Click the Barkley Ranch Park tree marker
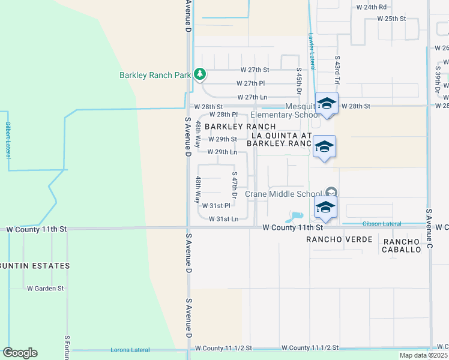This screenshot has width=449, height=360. pyautogui.click(x=200, y=75)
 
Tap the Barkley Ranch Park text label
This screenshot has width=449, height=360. pyautogui.click(x=155, y=75)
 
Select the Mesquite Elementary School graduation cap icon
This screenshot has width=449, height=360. pyautogui.click(x=327, y=104)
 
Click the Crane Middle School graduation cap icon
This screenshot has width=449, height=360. pyautogui.click(x=325, y=207)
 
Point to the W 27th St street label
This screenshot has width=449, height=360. pyautogui.click(x=255, y=70)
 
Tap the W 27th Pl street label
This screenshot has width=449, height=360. pyautogui.click(x=251, y=83)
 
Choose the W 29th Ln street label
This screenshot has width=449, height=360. pyautogui.click(x=222, y=152)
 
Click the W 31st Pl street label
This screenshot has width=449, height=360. pyautogui.click(x=216, y=206)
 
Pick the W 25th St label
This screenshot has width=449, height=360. pyautogui.click(x=391, y=19)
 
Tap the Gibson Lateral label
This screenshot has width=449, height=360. pyautogui.click(x=382, y=224)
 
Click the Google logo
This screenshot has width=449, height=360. pyautogui.click(x=20, y=353)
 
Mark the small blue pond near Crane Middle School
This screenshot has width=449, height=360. pyautogui.click(x=297, y=215)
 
